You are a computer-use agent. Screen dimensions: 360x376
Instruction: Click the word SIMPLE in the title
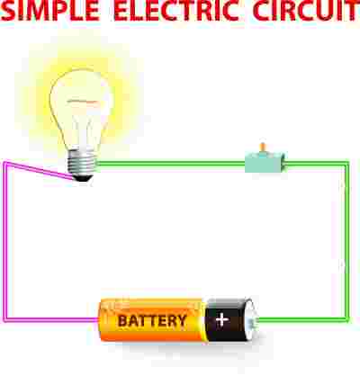tap(50, 12)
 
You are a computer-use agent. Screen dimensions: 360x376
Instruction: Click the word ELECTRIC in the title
tap(176, 12)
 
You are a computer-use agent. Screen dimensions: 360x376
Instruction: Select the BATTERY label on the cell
tap(152, 321)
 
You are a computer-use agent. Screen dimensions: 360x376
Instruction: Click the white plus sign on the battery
tap(222, 319)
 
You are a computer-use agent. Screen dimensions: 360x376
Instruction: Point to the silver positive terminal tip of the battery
tap(256, 320)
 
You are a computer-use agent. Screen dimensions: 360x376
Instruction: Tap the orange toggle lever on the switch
tap(263, 148)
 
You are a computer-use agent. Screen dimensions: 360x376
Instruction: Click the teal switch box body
tap(265, 163)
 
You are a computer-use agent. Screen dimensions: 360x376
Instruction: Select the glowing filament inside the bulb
tap(83, 102)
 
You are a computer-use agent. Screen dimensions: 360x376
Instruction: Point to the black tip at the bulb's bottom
tap(83, 178)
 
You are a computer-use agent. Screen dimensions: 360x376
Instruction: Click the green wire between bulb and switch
tap(171, 164)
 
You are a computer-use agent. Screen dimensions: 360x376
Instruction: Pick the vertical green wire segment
tap(346, 242)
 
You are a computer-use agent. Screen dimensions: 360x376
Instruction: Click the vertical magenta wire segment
tap(5, 242)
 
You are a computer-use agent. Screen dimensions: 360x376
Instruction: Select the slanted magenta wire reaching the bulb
tap(40, 171)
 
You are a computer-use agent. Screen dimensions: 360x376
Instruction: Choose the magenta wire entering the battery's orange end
tap(51, 319)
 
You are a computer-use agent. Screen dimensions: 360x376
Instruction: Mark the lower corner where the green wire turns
tap(346, 320)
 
